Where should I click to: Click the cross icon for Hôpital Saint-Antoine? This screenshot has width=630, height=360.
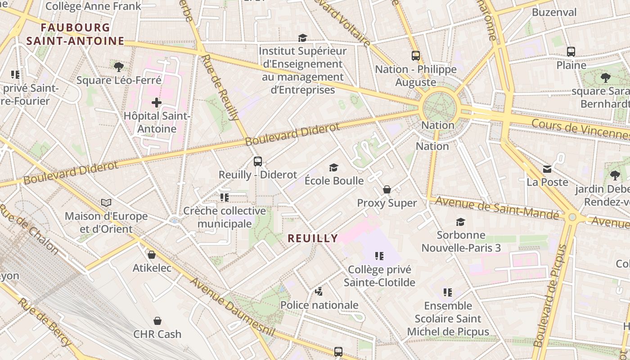coord(156,103)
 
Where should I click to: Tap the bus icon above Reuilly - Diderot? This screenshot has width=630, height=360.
coord(258,162)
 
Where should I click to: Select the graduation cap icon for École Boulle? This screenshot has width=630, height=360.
coord(333,168)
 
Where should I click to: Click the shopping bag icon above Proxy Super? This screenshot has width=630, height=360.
coord(387,190)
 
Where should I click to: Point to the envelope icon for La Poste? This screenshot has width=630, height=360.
coord(547,169)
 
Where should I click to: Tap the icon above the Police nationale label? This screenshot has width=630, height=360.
coord(319,292)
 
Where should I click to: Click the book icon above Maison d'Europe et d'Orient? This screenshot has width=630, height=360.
coord(106,203)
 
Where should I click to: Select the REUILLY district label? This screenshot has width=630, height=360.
coord(313,238)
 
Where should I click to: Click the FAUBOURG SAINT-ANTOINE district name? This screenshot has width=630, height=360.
coord(75,34)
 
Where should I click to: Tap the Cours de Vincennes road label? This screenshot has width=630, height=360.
coord(580,128)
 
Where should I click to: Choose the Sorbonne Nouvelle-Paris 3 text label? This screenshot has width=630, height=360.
coord(461,241)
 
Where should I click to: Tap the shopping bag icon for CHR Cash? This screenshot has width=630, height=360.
coord(157,321)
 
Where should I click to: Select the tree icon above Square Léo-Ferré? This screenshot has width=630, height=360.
coord(119,67)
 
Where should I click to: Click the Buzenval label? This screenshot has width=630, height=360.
coord(554,12)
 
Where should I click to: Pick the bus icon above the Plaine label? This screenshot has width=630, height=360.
coord(571,52)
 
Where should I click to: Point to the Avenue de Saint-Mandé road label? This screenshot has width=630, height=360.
coord(493,207)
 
